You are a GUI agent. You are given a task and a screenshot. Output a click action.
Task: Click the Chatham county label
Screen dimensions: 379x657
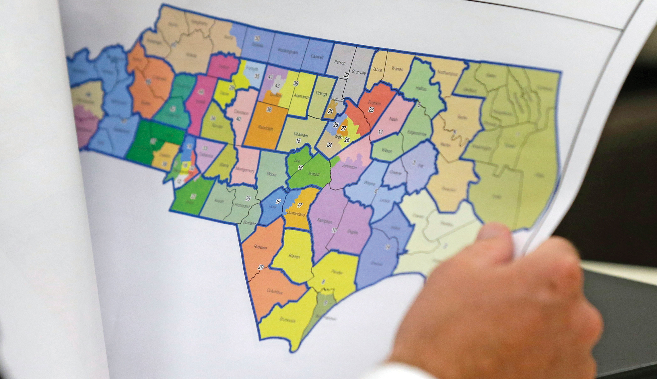click(300, 134)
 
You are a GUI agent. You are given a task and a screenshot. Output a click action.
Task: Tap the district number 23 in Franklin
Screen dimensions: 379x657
click(371, 110)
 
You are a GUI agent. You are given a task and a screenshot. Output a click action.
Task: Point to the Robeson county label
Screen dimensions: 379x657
click(260, 247)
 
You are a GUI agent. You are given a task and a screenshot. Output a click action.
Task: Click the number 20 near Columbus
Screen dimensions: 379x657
click(261, 267)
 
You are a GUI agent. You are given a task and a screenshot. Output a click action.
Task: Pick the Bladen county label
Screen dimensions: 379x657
click(294, 256)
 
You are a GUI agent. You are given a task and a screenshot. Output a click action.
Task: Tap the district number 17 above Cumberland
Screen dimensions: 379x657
click(300, 205)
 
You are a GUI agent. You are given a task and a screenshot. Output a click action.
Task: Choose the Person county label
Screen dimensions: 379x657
click(340, 62)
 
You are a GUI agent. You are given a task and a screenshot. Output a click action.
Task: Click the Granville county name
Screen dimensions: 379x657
click(359, 72)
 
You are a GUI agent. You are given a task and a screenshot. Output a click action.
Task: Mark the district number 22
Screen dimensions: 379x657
click(347, 75)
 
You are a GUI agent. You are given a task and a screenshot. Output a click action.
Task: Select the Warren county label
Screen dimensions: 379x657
click(397, 69)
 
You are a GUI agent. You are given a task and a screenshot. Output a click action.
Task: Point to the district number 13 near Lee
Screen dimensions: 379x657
click(300, 168)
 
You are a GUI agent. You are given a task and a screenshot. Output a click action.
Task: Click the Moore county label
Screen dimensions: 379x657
click(271, 174)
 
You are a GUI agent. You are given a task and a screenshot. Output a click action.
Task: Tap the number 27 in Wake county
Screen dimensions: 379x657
click(344, 128)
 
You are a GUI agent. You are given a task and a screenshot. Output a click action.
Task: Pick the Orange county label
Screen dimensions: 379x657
click(321, 94)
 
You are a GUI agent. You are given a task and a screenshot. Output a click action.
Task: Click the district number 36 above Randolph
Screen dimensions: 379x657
click(269, 110)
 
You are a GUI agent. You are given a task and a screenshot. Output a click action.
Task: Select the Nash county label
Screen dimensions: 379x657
click(393, 119)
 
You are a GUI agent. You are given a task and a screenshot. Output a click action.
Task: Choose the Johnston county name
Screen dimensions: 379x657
click(349, 167)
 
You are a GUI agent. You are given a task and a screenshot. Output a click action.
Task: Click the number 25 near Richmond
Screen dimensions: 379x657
click(248, 198)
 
